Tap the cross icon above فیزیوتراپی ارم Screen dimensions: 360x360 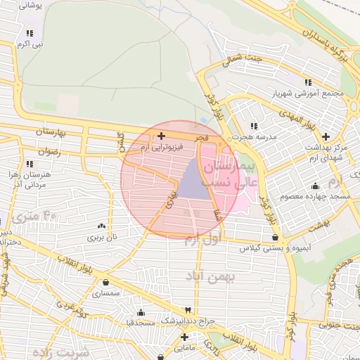click(x=162, y=136)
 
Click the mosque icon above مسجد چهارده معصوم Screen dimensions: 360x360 click(x=314, y=185)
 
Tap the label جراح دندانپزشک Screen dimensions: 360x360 click(x=185, y=321)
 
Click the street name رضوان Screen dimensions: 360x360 click(x=51, y=151)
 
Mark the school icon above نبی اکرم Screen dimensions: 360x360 click(x=30, y=33)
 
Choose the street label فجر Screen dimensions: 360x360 click(x=202, y=139)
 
